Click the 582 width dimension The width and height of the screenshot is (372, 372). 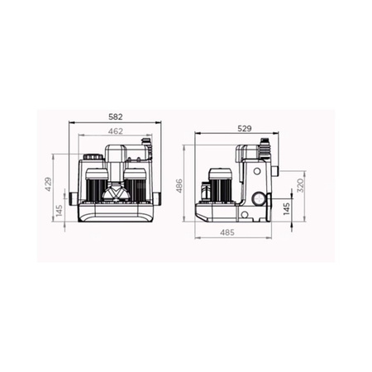(x=116, y=117)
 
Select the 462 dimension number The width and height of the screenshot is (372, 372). (x=116, y=131)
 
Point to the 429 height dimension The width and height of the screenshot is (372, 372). (x=48, y=184)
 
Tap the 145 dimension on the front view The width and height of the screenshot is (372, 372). (x=60, y=210)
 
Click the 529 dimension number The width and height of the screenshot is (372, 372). (x=245, y=128)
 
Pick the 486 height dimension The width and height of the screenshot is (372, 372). (x=179, y=185)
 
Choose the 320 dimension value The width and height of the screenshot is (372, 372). (x=300, y=185)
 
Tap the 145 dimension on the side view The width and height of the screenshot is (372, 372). (x=287, y=209)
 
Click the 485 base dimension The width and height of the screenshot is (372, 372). (x=227, y=232)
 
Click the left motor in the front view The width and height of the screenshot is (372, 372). (x=96, y=185)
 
